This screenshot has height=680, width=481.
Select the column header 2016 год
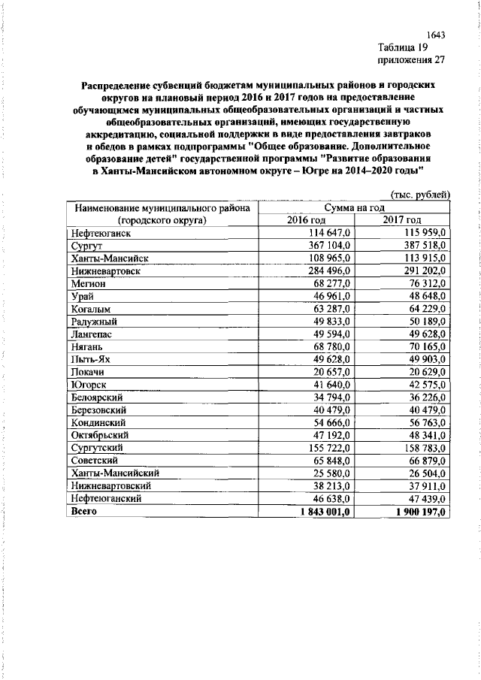[307, 219]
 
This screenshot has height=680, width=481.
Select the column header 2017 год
[402, 219]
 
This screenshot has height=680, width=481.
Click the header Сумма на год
[354, 207]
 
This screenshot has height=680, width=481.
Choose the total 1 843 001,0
[322, 512]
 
